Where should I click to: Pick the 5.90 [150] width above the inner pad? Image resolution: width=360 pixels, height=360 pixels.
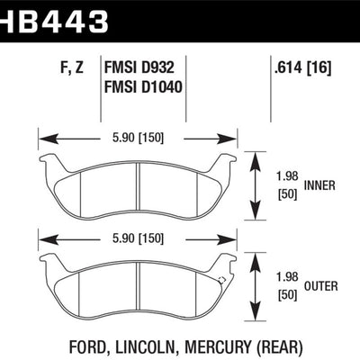138,139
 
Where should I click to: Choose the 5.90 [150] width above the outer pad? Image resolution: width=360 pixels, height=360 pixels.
138,238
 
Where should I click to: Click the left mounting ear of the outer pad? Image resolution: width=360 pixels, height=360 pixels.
49,263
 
